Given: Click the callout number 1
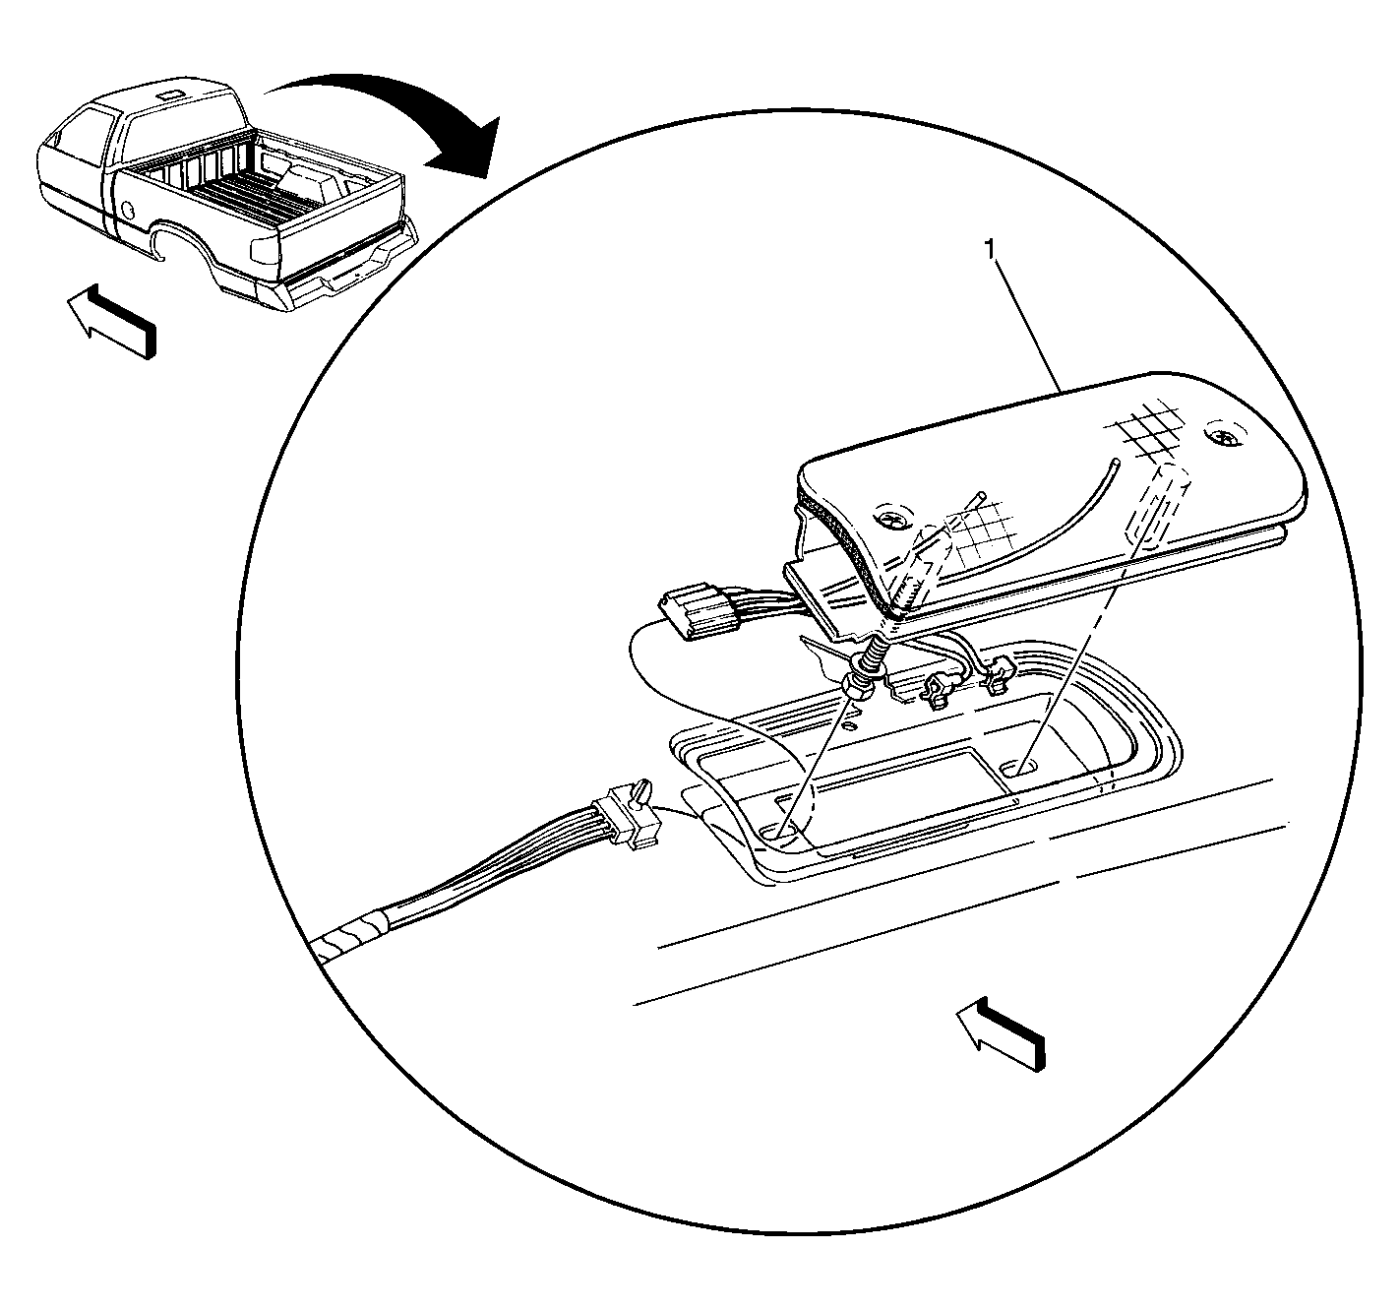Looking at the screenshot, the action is [991, 250].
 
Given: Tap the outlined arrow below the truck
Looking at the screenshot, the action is [111, 320].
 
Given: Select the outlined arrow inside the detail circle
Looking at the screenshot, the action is [1001, 1034].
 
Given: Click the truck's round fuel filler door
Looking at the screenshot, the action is [128, 209].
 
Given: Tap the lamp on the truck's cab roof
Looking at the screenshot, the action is [169, 94].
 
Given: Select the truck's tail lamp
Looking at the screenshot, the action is [263, 250].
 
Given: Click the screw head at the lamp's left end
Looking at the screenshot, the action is [891, 521].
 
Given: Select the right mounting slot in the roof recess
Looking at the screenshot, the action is [1018, 767].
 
